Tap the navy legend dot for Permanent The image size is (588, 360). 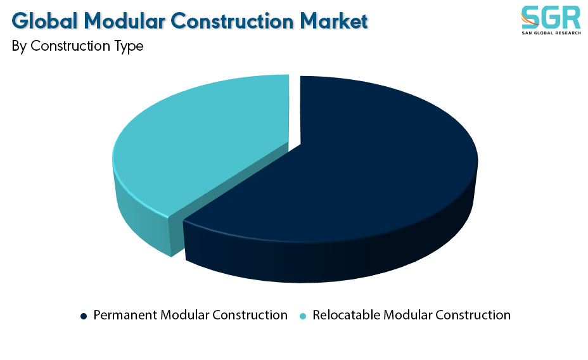coord(84,316)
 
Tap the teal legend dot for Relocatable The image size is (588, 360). coord(303,316)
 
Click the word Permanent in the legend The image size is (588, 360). coord(125,315)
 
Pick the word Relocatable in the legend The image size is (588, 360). coord(346,315)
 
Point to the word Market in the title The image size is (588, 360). coord(334,21)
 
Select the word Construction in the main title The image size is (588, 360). coord(232,21)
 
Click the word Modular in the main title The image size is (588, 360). coord(124,21)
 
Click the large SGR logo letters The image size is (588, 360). coord(551,18)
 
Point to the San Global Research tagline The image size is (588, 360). coord(551,33)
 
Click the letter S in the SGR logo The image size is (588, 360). coord(530,18)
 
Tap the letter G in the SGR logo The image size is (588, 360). coord(551,18)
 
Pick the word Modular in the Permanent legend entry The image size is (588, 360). coord(184,315)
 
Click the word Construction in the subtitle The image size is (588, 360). coord(70,46)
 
